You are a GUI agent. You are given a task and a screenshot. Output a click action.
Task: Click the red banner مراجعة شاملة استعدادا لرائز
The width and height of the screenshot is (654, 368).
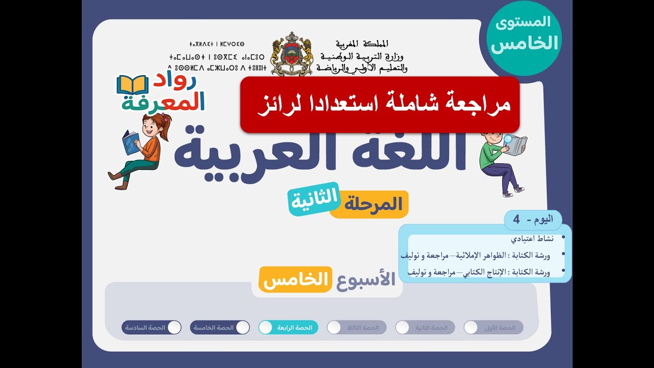(x=380, y=104)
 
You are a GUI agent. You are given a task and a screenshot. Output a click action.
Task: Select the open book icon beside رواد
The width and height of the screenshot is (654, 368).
(x=132, y=85)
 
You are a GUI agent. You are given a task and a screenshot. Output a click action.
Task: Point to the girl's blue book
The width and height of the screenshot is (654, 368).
(x=130, y=142)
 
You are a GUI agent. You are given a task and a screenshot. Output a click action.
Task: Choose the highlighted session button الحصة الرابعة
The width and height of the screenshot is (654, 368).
(x=288, y=328)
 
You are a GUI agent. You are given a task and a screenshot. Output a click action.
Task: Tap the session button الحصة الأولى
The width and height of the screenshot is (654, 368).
(x=494, y=328)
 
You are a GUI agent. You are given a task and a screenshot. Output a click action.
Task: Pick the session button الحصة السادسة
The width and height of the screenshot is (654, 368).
(x=151, y=328)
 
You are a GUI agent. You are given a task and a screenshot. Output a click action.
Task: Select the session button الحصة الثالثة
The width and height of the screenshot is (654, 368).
(x=357, y=328)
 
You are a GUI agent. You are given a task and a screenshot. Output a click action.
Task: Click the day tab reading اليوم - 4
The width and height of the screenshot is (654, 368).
(x=532, y=220)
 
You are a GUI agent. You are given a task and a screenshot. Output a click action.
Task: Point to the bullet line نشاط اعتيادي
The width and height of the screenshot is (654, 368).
(x=531, y=239)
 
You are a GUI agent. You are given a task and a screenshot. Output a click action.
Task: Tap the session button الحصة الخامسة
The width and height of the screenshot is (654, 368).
(x=220, y=328)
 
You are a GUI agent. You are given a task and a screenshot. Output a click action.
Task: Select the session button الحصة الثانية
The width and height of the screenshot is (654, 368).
(x=425, y=328)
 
